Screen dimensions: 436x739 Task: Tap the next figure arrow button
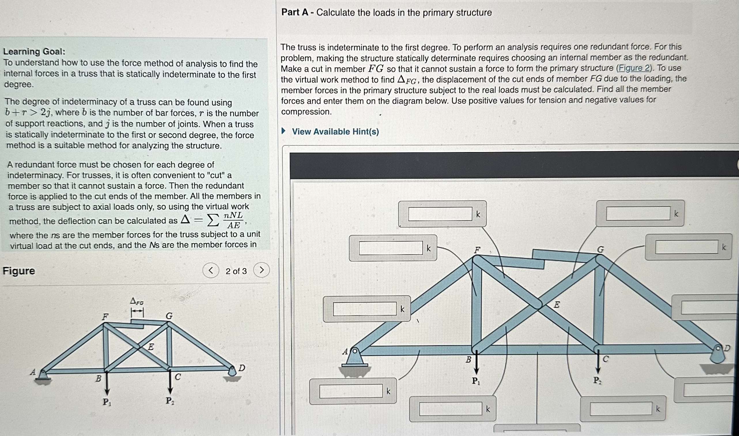pyautogui.click(x=261, y=270)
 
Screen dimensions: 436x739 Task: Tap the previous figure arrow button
pyautogui.click(x=211, y=270)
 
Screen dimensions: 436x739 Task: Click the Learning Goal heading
pyautogui.click(x=34, y=52)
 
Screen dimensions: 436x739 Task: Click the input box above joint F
pyautogui.click(x=440, y=214)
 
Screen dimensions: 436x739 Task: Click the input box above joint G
pyautogui.click(x=638, y=213)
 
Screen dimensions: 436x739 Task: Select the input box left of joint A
pyautogui.click(x=365, y=309)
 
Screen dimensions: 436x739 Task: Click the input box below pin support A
pyautogui.click(x=351, y=391)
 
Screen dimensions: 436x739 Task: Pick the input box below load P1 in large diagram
pyautogui.click(x=450, y=409)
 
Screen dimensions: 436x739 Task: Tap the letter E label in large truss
pyautogui.click(x=557, y=305)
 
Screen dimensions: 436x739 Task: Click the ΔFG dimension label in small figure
pyautogui.click(x=137, y=302)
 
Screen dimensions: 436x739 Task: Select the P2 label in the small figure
pyautogui.click(x=170, y=401)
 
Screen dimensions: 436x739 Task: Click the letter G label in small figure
pyautogui.click(x=169, y=316)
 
